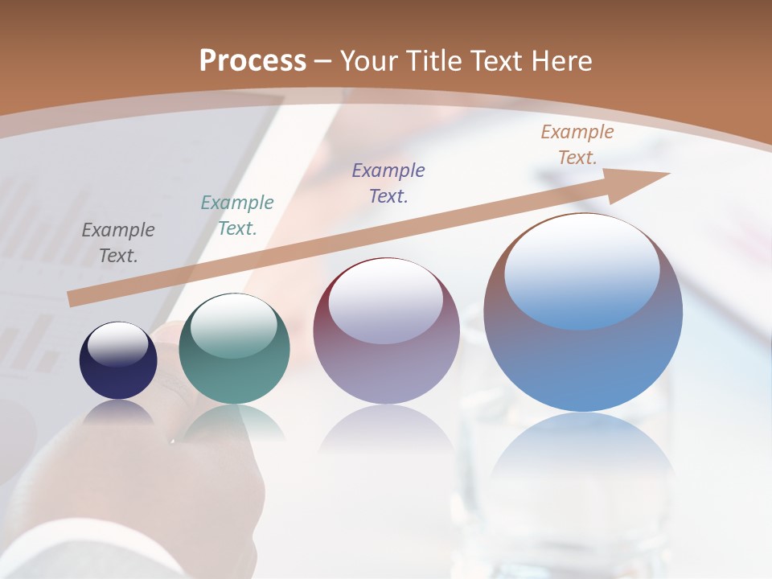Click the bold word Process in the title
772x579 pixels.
253,60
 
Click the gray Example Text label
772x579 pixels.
118,243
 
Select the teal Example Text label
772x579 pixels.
237,216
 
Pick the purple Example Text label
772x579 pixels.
388,183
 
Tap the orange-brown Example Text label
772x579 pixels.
577,145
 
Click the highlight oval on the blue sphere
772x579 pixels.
582,272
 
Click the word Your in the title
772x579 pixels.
370,60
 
